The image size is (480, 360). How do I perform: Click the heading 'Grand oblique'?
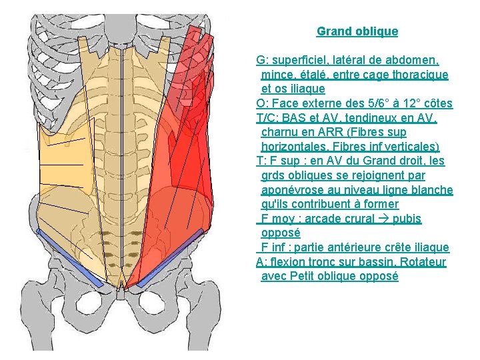(x=357, y=31)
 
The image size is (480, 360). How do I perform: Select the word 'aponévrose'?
(x=292, y=190)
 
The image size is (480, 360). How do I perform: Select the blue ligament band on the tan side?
(x=70, y=256)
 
